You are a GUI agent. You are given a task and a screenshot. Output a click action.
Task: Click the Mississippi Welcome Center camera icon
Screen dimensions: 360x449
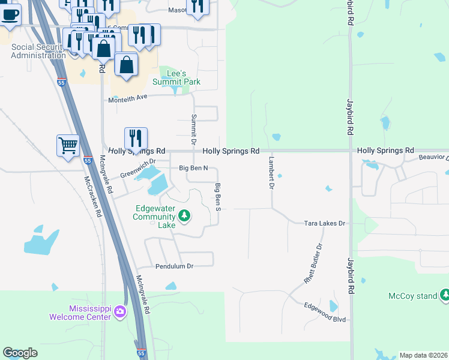click(x=120, y=311)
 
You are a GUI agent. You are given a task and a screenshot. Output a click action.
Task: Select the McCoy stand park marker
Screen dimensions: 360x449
click(x=445, y=294)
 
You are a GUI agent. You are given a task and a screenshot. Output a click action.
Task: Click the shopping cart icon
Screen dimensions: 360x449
click(x=68, y=144)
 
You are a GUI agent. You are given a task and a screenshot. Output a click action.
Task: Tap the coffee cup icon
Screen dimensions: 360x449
click(x=10, y=13)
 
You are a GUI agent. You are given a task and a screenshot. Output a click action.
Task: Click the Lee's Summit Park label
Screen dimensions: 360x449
click(x=176, y=77)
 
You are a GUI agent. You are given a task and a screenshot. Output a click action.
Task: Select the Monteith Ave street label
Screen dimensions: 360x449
click(x=127, y=98)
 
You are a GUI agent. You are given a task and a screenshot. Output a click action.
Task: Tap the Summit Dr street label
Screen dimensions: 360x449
click(x=193, y=130)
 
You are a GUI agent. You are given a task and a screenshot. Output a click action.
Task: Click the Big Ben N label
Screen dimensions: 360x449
click(x=193, y=169)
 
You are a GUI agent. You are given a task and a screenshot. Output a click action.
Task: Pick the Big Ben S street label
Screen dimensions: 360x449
click(x=219, y=197)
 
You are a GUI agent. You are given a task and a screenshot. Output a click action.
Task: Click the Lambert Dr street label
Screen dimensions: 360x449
click(x=271, y=173)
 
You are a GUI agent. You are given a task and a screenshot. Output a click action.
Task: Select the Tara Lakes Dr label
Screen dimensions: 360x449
click(x=325, y=223)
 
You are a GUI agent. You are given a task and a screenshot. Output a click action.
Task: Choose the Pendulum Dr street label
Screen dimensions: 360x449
click(x=174, y=266)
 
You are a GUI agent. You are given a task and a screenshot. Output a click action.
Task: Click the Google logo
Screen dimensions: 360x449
click(x=20, y=353)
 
